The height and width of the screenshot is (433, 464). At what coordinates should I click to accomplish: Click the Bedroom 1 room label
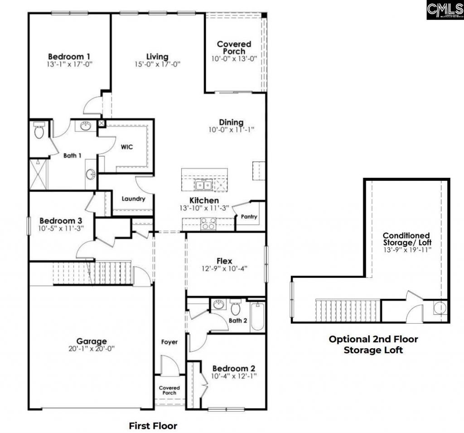click(69, 56)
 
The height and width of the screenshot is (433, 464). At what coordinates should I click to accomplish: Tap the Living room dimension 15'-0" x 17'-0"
click(157, 64)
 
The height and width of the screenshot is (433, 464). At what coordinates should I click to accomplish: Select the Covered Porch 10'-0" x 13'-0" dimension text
click(234, 59)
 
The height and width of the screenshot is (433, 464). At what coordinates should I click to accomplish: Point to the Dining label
click(231, 122)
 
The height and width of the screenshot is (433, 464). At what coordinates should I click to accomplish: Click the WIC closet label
click(126, 147)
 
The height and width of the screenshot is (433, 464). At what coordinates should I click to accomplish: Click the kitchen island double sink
click(202, 185)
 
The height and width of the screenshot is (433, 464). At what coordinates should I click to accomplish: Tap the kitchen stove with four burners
click(208, 223)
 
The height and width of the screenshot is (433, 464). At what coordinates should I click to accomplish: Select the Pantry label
click(249, 217)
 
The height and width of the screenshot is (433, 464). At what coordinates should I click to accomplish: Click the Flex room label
click(224, 261)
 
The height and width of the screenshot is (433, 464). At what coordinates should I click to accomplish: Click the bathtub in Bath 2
click(257, 316)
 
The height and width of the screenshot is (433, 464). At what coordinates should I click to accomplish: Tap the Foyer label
click(170, 342)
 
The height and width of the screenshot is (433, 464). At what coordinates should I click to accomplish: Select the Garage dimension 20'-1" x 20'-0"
click(92, 349)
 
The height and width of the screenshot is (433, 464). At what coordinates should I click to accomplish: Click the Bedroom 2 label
click(230, 368)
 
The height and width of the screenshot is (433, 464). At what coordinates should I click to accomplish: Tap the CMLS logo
click(445, 10)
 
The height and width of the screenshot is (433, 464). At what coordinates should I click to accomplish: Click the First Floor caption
click(153, 425)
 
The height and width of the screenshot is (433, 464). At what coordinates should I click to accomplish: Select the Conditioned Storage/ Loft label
click(406, 239)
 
